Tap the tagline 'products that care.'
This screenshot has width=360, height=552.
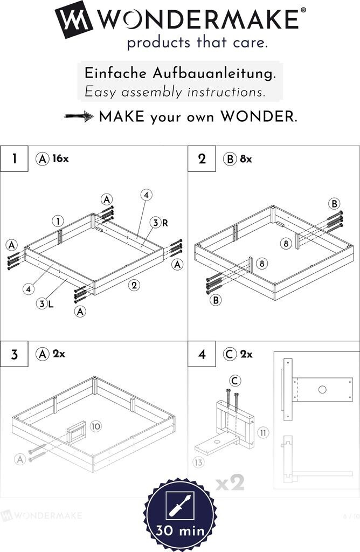click(197, 43)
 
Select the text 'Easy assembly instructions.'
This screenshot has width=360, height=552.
click(175, 92)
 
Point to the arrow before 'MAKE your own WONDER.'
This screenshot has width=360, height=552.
click(79, 116)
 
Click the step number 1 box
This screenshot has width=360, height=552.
click(14, 159)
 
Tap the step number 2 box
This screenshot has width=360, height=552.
click(202, 159)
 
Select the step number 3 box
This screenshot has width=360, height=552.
click(14, 355)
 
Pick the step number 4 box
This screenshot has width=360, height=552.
click(202, 355)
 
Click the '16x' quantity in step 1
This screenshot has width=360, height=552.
click(61, 159)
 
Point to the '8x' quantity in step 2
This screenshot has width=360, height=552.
click(246, 159)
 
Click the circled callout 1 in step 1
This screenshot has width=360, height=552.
click(58, 220)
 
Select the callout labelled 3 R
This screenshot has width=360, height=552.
click(157, 223)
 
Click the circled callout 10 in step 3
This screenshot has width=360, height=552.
click(95, 426)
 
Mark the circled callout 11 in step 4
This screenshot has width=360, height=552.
click(263, 432)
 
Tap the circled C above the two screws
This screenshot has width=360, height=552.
click(235, 381)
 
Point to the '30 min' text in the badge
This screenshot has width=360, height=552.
click(180, 530)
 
